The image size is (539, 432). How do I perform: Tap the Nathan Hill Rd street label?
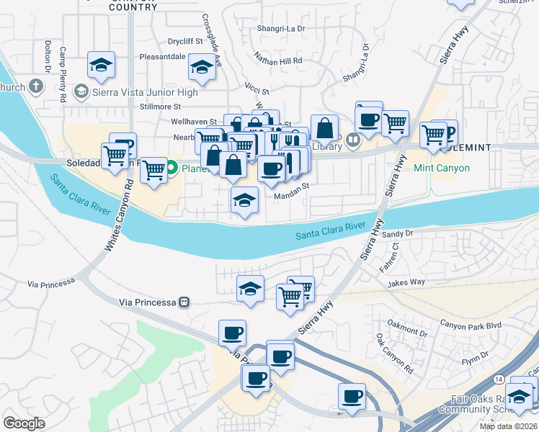[x=277, y=61]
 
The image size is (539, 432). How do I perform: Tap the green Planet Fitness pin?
[x=172, y=169]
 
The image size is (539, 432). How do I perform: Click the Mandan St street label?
[x=291, y=184]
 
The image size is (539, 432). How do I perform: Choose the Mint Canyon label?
[x=442, y=168]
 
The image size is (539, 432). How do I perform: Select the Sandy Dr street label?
[x=397, y=233]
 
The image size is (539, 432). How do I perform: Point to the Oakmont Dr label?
[x=407, y=332]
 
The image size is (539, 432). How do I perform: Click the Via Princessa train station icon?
[x=184, y=302]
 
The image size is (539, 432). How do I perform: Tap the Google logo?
[x=24, y=423]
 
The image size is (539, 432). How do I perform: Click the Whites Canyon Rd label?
[x=120, y=215]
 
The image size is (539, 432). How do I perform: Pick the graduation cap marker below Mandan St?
[x=245, y=200]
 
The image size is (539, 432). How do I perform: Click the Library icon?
[x=352, y=140]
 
